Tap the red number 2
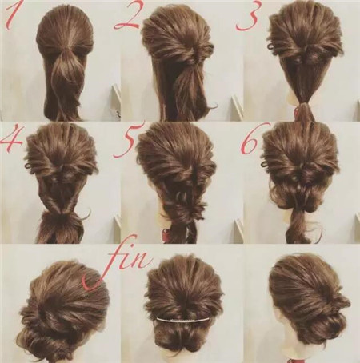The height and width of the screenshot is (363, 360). click(x=127, y=18)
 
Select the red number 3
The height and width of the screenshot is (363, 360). click(x=247, y=18)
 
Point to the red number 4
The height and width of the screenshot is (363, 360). click(x=11, y=138)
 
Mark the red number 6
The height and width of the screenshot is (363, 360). click(x=250, y=142)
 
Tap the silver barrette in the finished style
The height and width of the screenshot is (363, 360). click(x=183, y=319)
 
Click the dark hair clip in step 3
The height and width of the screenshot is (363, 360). click(x=271, y=46)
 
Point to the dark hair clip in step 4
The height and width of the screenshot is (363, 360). click(x=28, y=167)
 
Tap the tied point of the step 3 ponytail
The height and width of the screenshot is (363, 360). click(x=303, y=104)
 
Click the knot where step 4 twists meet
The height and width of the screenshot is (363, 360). click(x=62, y=214)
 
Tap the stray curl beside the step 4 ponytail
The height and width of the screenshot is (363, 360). click(x=85, y=214)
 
